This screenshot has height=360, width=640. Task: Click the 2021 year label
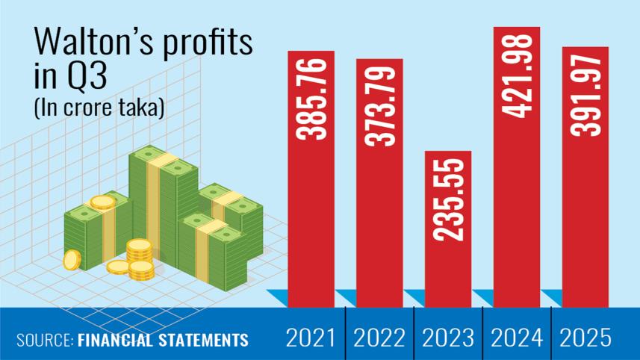click(x=311, y=338)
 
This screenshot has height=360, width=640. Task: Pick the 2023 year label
click(x=448, y=338)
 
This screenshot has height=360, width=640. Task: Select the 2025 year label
click(x=585, y=338)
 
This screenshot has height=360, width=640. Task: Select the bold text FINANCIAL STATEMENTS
click(x=163, y=341)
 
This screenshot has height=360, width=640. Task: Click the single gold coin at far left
click(x=72, y=259)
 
